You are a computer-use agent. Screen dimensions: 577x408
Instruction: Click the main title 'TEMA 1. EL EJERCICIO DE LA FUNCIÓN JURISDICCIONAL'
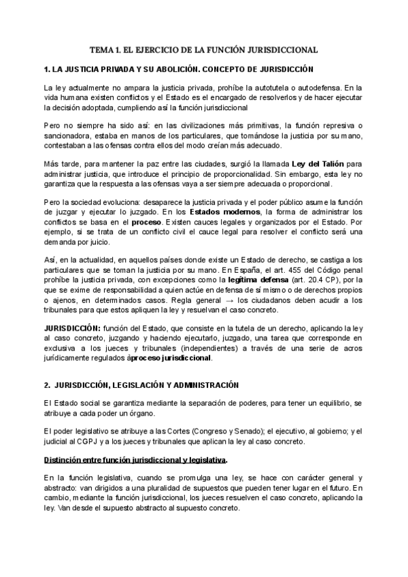(204, 50)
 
